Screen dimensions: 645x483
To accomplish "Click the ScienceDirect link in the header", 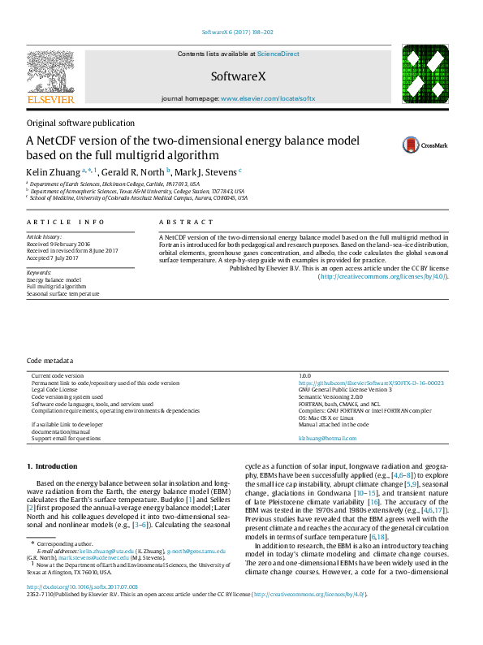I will [x=278, y=54].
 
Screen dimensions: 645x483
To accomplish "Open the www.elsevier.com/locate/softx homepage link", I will [x=267, y=97].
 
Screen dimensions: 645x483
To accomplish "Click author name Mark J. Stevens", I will [x=207, y=171].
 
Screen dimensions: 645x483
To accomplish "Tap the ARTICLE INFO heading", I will [x=65, y=222].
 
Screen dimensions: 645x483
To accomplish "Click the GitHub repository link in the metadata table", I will [x=371, y=382].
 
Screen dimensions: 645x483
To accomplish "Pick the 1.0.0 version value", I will [x=305, y=375].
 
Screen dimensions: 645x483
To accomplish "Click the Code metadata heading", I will [x=50, y=360].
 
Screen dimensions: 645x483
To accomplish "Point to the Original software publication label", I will [x=80, y=123].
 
